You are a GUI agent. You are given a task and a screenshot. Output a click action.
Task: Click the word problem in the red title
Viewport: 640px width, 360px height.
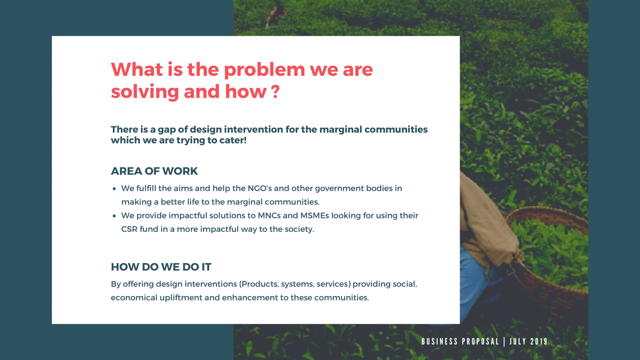[264, 70]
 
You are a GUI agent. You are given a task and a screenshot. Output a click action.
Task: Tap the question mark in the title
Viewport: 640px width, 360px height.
[275, 92]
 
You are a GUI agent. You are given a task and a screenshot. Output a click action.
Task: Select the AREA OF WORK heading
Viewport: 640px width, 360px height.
[154, 171]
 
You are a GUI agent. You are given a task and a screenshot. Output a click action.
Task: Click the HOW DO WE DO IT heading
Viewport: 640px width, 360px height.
[161, 267]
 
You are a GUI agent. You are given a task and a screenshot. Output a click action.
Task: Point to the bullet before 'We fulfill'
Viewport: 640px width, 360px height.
[115, 189]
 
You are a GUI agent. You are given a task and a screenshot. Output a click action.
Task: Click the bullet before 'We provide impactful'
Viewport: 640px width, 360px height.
[115, 216]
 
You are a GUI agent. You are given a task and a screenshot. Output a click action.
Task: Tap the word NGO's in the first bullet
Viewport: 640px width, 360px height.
[259, 188]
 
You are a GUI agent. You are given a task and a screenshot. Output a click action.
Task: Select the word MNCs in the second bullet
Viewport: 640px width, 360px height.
[269, 215]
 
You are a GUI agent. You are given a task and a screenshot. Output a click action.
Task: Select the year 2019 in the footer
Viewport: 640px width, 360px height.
[539, 341]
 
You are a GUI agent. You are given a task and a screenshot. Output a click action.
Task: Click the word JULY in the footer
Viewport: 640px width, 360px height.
[518, 341]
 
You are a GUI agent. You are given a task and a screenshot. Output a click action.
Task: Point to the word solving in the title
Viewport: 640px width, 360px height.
[145, 92]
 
